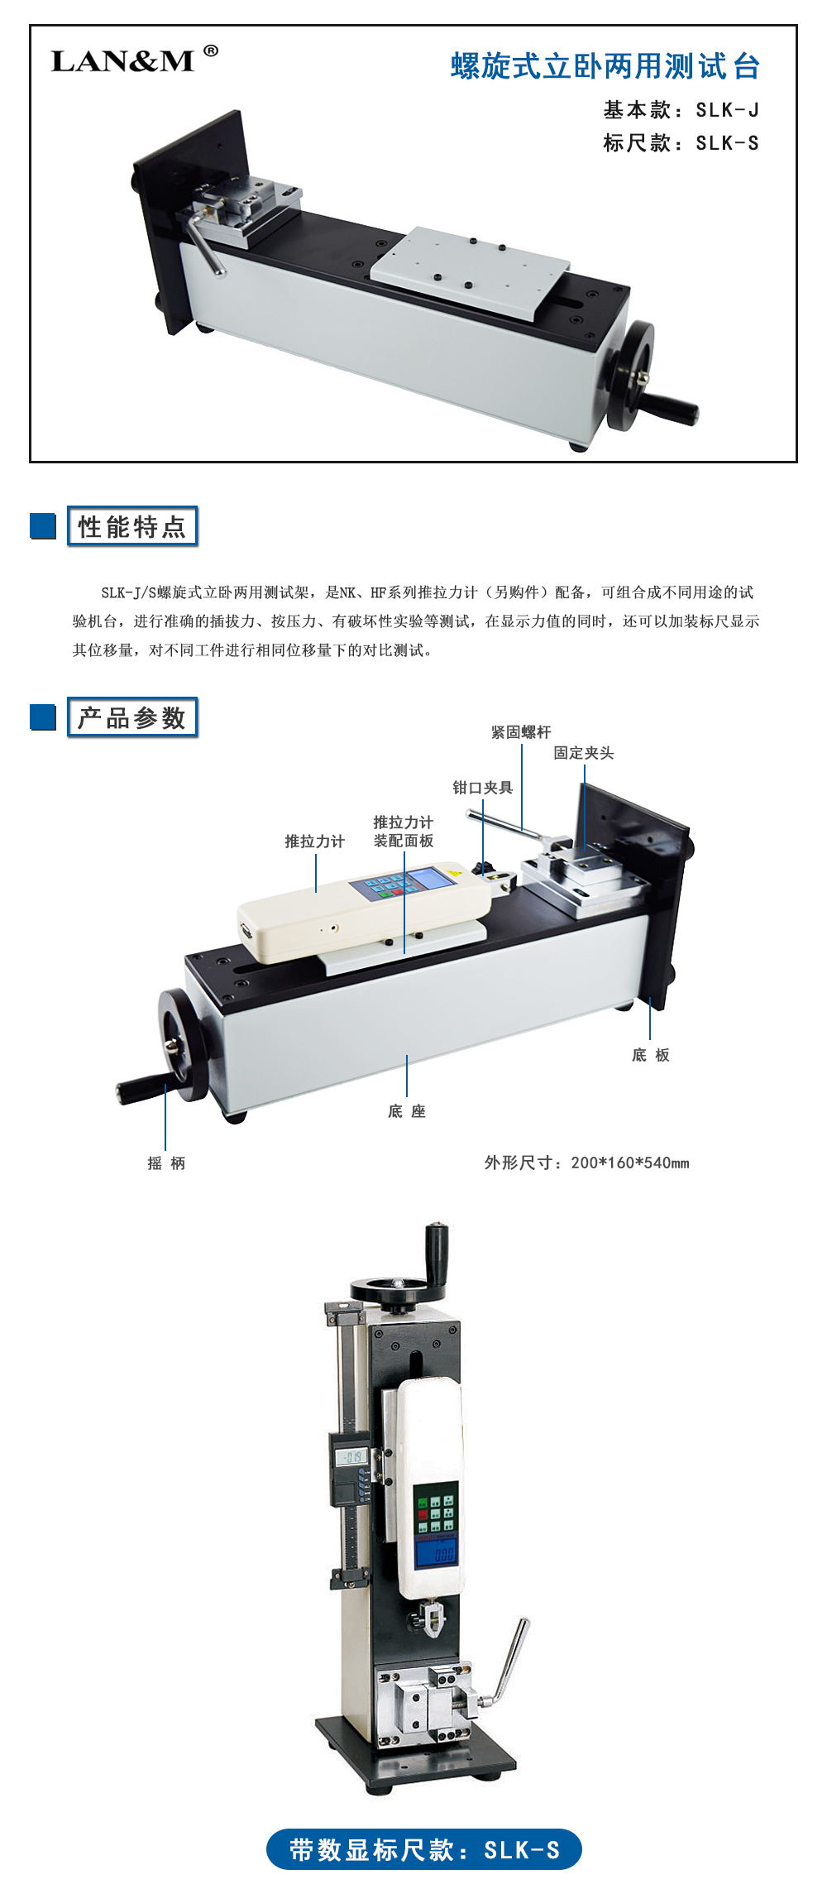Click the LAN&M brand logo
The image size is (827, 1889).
coord(134,60)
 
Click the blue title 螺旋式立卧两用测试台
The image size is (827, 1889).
coord(605,66)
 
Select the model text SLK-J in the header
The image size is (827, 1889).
coord(727,110)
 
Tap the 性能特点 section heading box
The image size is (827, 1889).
coord(132,526)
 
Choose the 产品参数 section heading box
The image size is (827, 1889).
coord(132,717)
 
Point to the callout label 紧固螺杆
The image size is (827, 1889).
coord(521,732)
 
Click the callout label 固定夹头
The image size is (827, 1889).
coord(584,753)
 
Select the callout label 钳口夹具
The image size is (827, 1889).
coord(482,788)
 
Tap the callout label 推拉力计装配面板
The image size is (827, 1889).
coord(404,832)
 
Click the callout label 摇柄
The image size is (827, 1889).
coord(166,1163)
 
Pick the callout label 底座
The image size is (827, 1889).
coord(407,1111)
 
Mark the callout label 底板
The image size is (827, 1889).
coord(651,1055)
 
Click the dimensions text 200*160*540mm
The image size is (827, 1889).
coord(630,1163)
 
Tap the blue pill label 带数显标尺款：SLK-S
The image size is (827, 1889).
coord(424,1849)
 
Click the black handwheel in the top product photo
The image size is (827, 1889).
coord(629,376)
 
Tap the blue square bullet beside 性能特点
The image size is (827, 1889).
coord(43,526)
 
